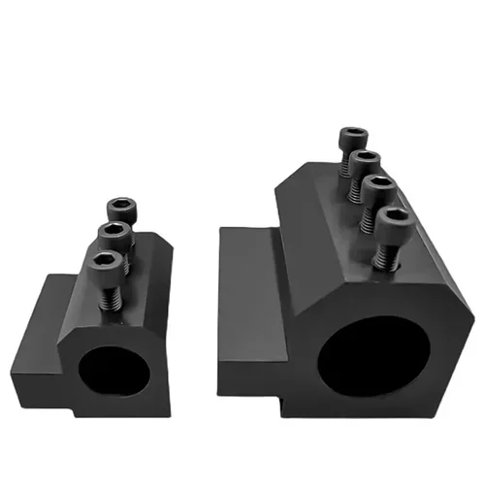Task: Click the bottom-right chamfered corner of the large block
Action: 457,399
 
